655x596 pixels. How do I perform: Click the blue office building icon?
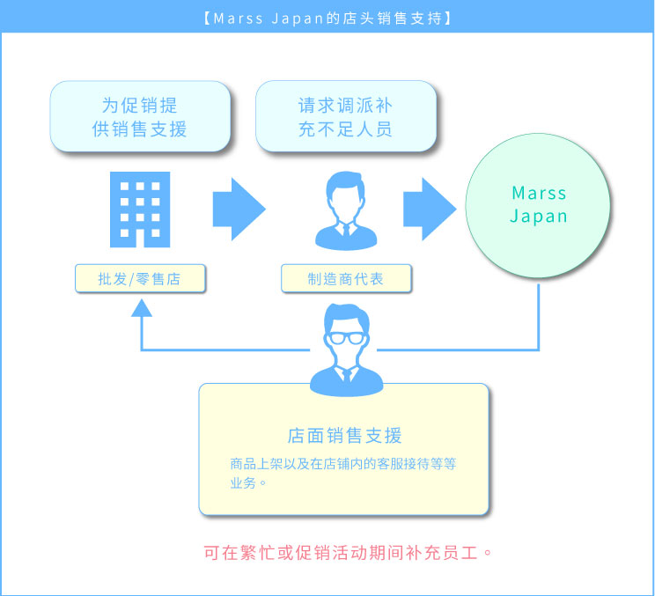tap(139, 209)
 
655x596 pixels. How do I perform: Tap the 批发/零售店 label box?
tap(140, 279)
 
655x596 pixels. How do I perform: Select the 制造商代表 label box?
tap(346, 279)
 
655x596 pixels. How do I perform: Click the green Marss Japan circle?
tap(539, 204)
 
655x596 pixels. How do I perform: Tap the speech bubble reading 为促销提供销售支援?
tap(140, 117)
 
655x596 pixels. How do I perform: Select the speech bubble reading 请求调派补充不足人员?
tap(345, 117)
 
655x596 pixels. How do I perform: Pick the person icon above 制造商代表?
tap(345, 210)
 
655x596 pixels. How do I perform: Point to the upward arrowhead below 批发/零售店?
tap(141, 306)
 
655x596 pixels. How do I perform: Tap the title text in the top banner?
tap(327, 17)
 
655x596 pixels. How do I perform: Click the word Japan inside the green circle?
tap(539, 217)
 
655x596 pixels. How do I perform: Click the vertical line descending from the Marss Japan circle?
tap(539, 308)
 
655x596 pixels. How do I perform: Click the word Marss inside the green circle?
tap(539, 193)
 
